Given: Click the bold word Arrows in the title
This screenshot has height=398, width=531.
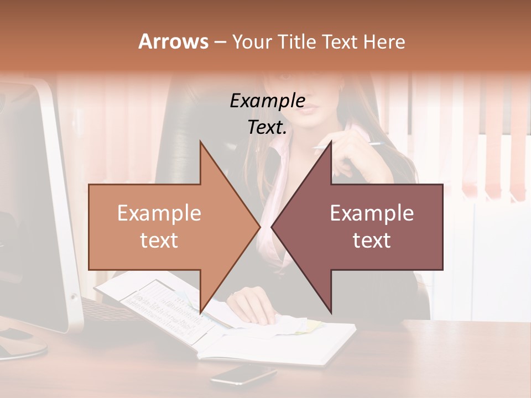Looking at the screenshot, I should [173, 41].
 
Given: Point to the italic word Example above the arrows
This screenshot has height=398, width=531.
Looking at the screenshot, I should [267, 101].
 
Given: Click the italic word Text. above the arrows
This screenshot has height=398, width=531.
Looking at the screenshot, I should [267, 127].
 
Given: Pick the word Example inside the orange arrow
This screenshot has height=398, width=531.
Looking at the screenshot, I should [159, 213].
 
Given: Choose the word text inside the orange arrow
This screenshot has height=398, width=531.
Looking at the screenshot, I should [159, 240].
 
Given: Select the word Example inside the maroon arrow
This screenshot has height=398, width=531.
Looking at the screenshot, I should [372, 213].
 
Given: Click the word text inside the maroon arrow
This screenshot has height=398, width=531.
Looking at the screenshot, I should [372, 240].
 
